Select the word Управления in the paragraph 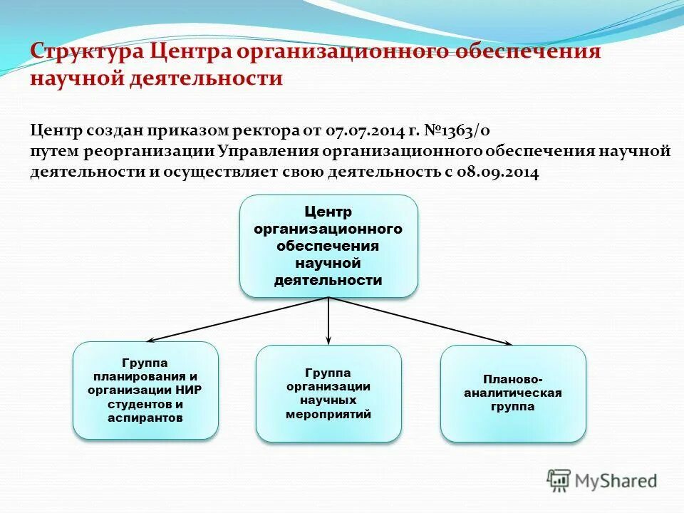click(x=268, y=151)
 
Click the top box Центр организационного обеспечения click(x=328, y=246)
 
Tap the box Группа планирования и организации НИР click(x=145, y=390)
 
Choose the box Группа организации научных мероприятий click(x=328, y=393)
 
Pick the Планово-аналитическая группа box click(x=513, y=393)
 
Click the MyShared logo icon click(x=559, y=480)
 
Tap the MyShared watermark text click(x=617, y=481)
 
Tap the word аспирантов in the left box click(x=145, y=418)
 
